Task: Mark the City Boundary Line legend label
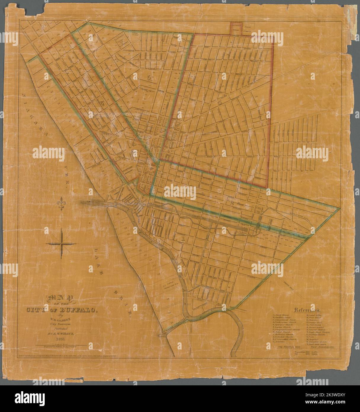coord(284,346)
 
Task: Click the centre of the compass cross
coord(61,244)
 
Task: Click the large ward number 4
coord(219,102)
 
